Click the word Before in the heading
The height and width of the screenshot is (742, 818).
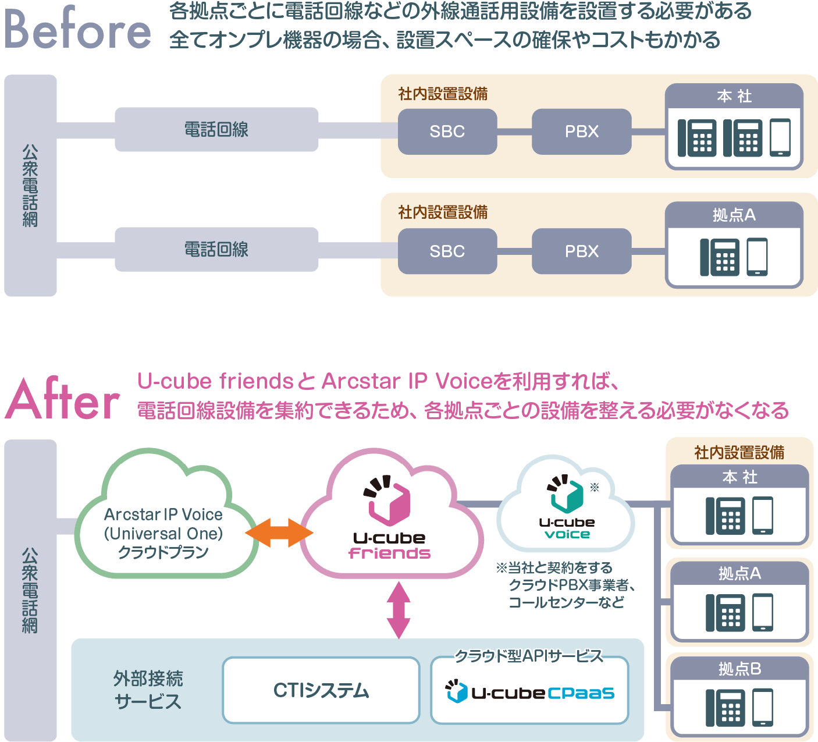point(77,29)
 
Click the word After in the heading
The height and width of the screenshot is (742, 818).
point(62,400)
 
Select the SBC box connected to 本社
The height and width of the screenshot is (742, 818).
point(447,132)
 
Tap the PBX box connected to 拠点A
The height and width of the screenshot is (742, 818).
point(581,251)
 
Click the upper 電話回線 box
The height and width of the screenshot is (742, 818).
point(216,129)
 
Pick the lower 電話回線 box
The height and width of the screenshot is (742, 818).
point(216,250)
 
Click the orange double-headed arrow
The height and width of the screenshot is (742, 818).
point(279,532)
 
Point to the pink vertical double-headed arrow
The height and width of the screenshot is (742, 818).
point(399,609)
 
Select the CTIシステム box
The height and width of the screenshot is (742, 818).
point(321,690)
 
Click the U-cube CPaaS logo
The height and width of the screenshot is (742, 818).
point(530,693)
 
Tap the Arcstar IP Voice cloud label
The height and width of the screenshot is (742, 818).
point(163,533)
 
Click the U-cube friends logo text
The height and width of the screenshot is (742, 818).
point(390,545)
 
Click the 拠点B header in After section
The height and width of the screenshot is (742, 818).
point(739,669)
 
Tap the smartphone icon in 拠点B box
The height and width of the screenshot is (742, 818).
point(763,707)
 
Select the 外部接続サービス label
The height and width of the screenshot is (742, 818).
point(148,690)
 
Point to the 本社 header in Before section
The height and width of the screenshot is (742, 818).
point(734,96)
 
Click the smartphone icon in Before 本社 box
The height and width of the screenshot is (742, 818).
point(780,137)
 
